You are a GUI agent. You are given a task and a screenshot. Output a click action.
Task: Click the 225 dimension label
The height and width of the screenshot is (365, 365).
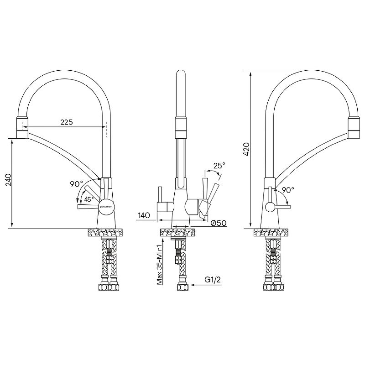point(67,122)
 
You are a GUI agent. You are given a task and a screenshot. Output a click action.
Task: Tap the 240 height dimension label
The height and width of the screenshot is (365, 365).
point(8,180)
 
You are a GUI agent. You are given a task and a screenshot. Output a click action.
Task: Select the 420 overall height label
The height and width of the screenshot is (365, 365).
point(246,150)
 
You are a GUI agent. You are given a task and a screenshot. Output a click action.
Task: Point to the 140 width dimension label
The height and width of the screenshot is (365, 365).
point(144,215)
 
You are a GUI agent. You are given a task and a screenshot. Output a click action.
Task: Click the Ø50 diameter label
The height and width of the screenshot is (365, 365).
point(219,223)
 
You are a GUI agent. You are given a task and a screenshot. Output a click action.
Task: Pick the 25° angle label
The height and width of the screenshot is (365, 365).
point(219,166)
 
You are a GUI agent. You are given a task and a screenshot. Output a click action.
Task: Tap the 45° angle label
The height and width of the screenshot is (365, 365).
point(89,199)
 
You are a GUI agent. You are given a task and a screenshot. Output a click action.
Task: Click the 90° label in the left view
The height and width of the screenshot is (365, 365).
point(76,184)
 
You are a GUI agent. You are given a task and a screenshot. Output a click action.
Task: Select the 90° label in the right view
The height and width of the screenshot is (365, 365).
point(288,190)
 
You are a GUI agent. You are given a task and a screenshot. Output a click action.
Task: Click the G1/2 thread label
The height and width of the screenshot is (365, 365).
point(213,280)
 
